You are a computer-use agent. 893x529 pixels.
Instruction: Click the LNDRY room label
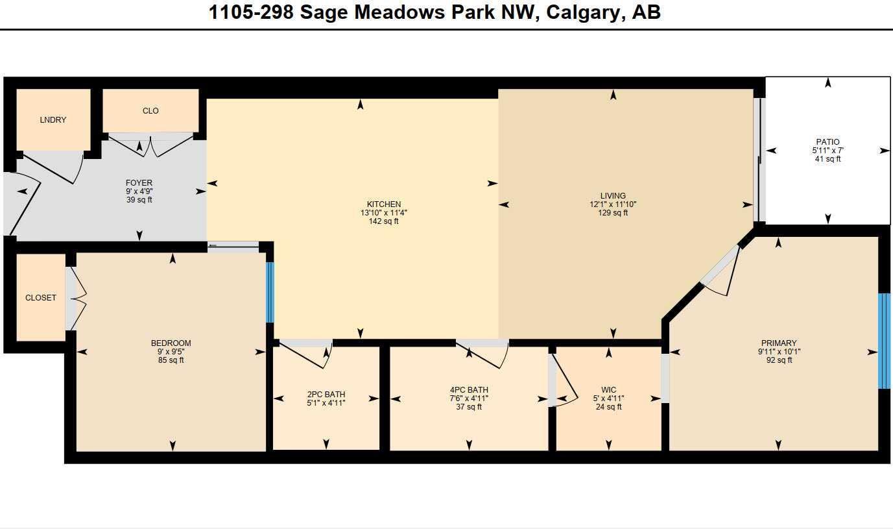pyautogui.click(x=53, y=120)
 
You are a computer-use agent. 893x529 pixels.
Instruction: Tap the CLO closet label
pyautogui.click(x=150, y=111)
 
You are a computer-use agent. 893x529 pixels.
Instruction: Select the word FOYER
pyautogui.click(x=139, y=183)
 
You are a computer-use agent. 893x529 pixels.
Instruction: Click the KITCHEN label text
pyautogui.click(x=384, y=204)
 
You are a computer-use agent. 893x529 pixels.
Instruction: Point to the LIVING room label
pyautogui.click(x=613, y=195)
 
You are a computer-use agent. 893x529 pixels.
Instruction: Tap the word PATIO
pyautogui.click(x=828, y=142)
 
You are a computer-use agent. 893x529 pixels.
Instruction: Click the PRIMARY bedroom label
pyautogui.click(x=779, y=343)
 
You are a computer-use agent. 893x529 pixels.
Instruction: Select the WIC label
pyautogui.click(x=608, y=390)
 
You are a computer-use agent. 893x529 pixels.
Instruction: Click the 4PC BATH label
pyautogui.click(x=469, y=390)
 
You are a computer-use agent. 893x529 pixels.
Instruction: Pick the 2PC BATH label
pyautogui.click(x=326, y=394)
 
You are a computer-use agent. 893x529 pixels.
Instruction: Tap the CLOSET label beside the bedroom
pyautogui.click(x=41, y=298)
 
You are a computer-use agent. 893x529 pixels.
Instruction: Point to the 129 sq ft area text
pyautogui.click(x=613, y=213)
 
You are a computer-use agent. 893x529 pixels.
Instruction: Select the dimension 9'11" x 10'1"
pyautogui.click(x=779, y=352)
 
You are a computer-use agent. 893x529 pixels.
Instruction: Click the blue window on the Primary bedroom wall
pyautogui.click(x=884, y=341)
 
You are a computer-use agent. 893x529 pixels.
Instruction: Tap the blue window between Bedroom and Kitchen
pyautogui.click(x=270, y=292)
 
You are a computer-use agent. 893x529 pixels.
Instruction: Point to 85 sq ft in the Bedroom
pyautogui.click(x=171, y=360)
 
